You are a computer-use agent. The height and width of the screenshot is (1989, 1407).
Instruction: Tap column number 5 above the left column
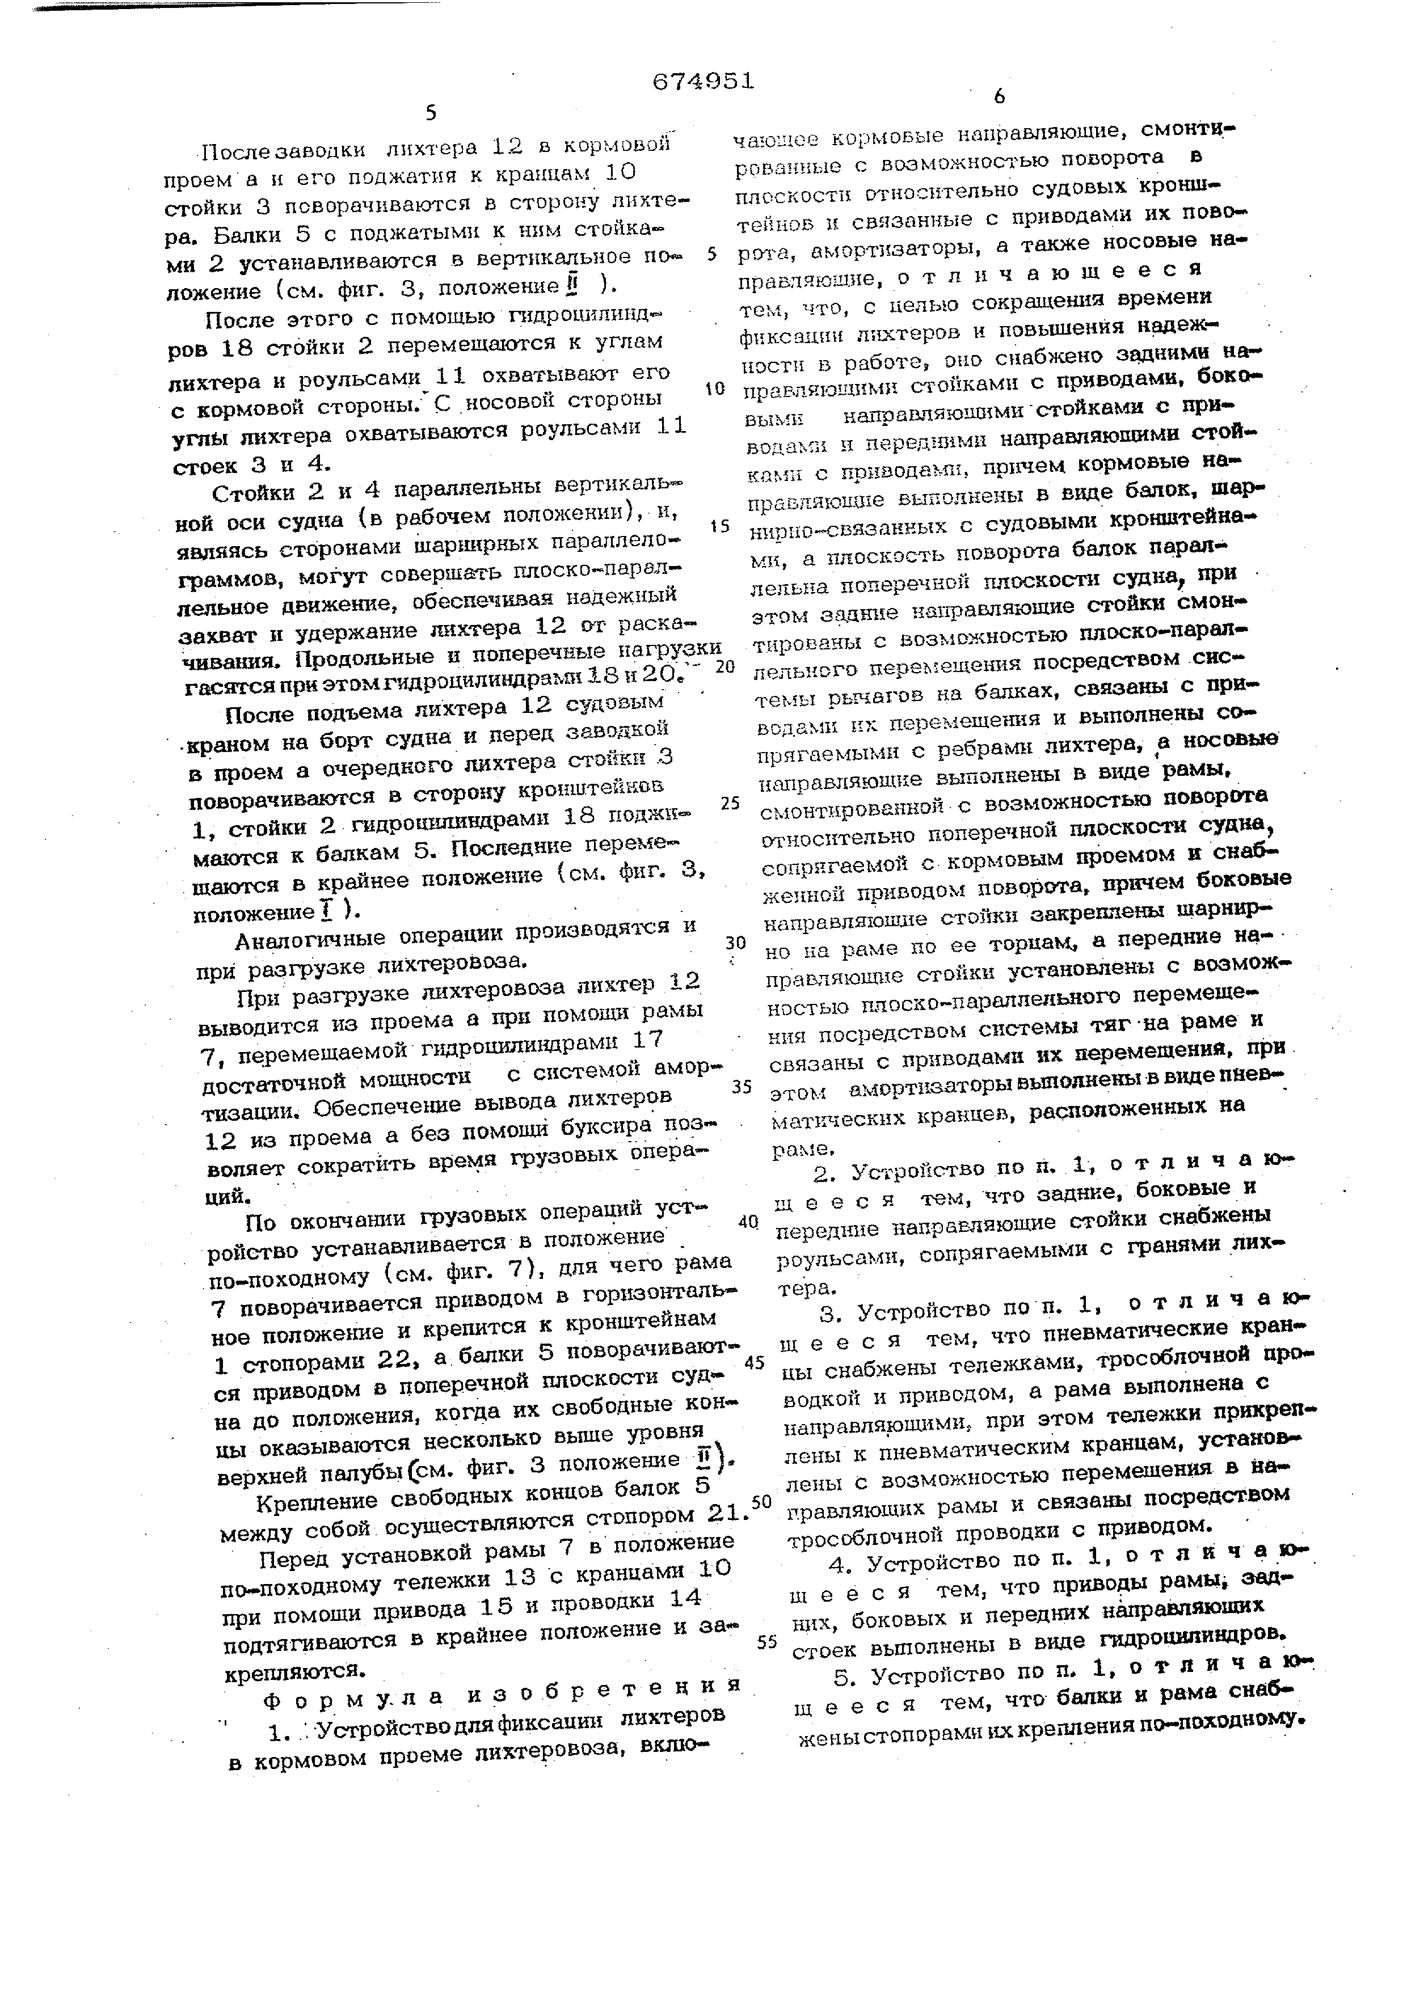coord(431,113)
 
